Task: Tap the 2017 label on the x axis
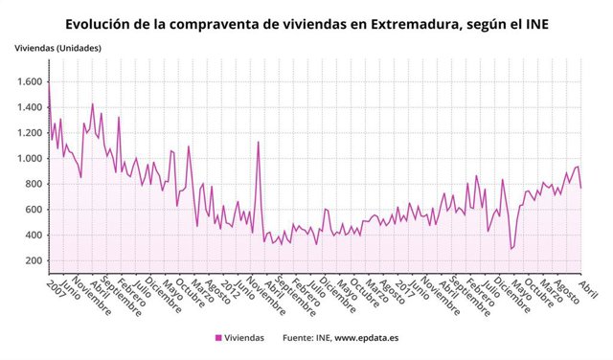[x=400, y=288]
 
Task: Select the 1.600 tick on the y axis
[x=29, y=82]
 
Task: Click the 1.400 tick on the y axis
[x=29, y=107]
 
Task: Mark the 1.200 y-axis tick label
[x=29, y=133]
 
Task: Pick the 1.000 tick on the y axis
[x=29, y=159]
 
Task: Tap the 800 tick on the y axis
[x=34, y=184]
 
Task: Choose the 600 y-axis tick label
[x=34, y=210]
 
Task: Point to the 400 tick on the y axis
[x=34, y=236]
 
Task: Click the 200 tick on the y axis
[x=34, y=260]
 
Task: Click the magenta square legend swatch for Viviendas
[x=218, y=337]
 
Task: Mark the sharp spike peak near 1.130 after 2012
[x=258, y=142]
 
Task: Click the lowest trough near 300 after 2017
[x=511, y=249]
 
